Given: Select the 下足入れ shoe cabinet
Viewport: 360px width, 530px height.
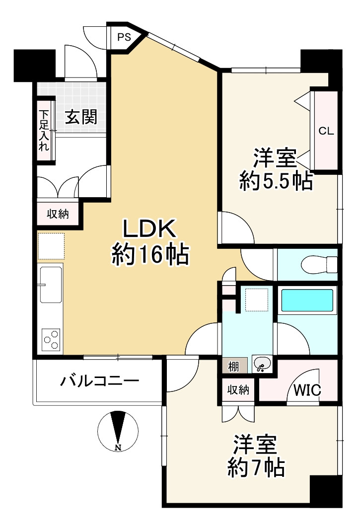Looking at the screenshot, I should click(x=44, y=130).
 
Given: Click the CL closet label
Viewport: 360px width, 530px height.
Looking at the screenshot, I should click(x=326, y=131).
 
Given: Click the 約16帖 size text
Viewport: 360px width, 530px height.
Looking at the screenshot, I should click(x=149, y=255).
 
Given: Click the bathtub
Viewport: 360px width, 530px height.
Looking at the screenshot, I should click(x=306, y=301).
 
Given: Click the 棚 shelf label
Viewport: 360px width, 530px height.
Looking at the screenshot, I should click(x=233, y=367).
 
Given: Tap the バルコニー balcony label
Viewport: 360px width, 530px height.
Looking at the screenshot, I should click(x=99, y=381).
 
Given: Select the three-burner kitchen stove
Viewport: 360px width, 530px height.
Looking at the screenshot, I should click(x=51, y=340).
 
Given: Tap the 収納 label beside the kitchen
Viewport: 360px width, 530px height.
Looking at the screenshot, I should click(x=58, y=214).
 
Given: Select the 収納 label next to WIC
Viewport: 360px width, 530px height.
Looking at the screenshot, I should click(x=238, y=390).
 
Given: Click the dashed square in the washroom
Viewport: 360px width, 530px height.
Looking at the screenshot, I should click(x=257, y=299).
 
